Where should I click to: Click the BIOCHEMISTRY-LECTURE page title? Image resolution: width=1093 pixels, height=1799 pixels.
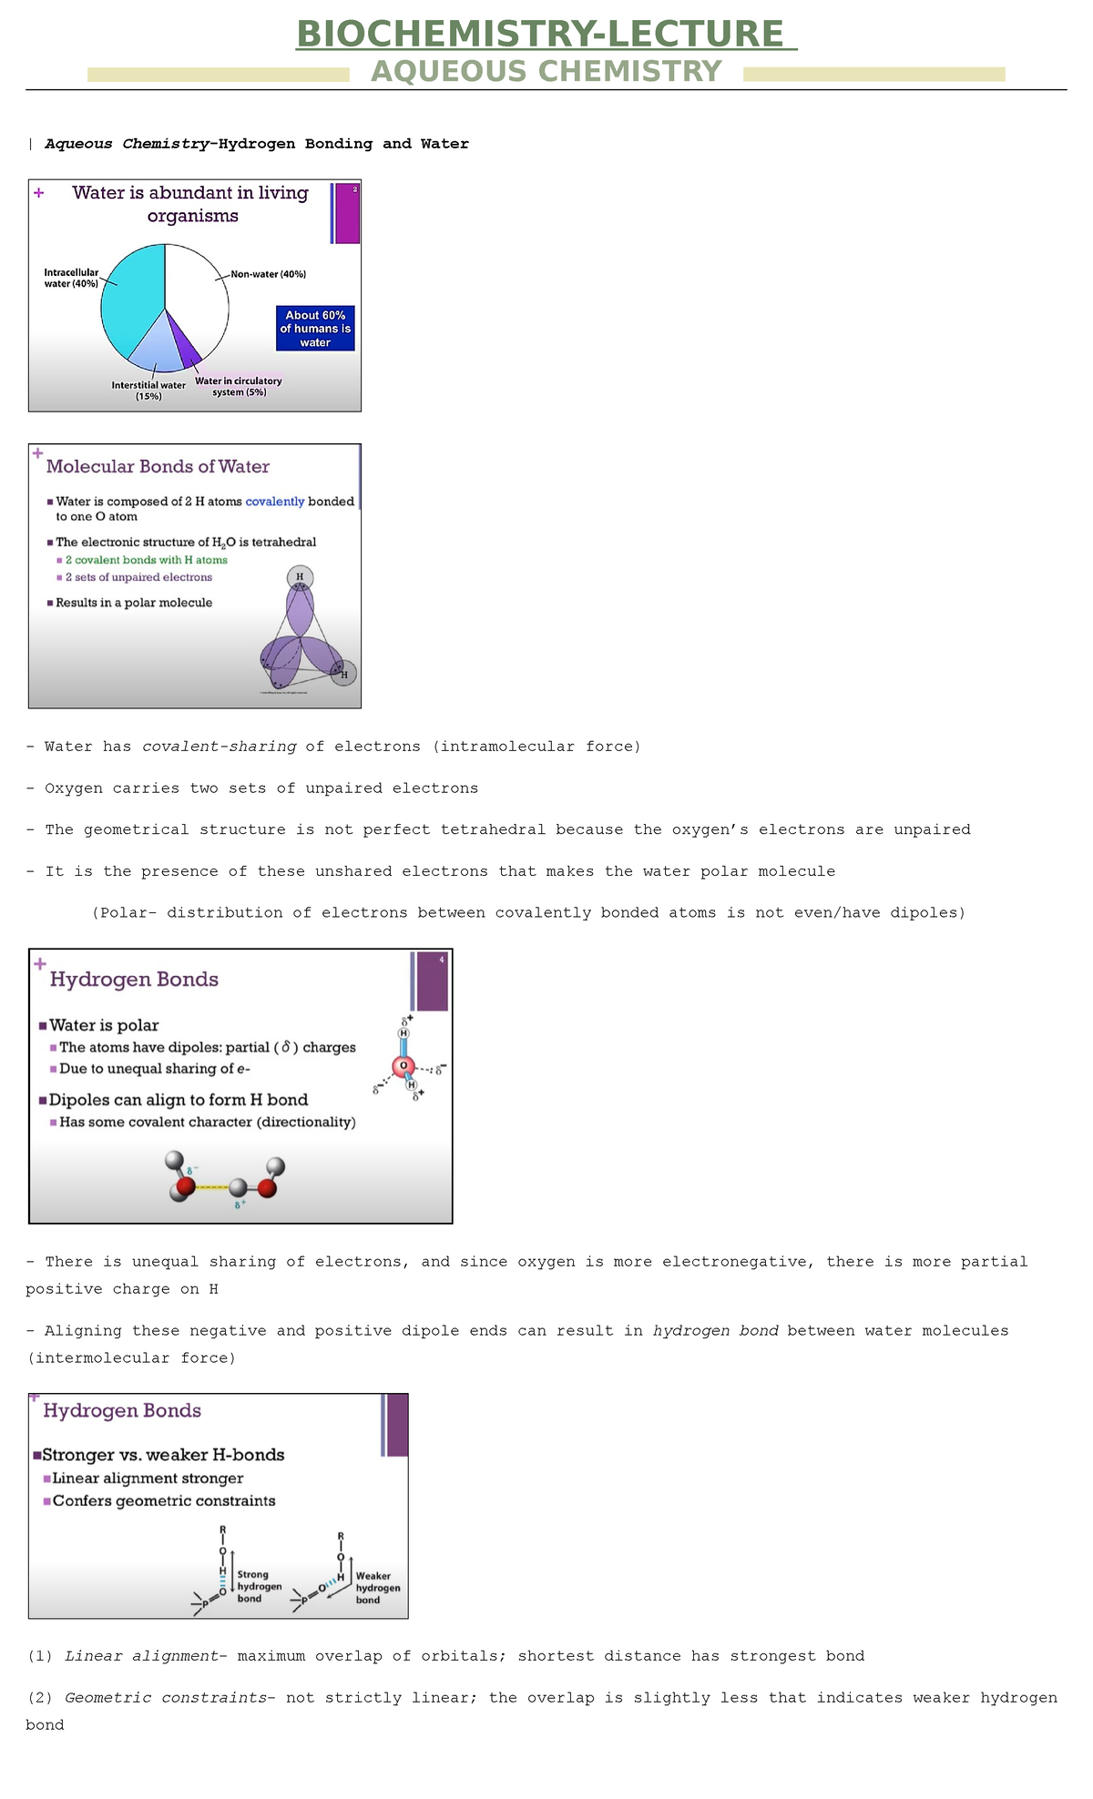(x=546, y=35)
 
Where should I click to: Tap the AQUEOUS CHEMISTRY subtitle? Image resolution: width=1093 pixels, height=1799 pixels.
(x=546, y=71)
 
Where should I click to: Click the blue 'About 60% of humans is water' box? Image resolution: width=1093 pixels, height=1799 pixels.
(x=315, y=329)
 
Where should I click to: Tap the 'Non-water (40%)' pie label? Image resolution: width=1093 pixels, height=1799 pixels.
(x=269, y=274)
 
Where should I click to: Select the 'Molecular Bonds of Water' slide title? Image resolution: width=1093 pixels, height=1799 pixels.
(x=158, y=467)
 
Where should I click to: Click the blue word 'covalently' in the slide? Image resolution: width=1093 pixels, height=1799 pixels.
(x=275, y=502)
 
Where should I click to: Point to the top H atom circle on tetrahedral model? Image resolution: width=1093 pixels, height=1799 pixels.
(x=300, y=577)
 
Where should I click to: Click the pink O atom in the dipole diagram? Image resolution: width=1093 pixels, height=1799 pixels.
(x=403, y=1066)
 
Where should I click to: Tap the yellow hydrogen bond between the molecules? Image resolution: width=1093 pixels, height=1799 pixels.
(x=212, y=1188)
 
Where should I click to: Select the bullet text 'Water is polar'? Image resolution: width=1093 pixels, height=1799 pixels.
(x=104, y=1026)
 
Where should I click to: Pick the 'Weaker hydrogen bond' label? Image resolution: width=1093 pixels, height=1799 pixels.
(x=376, y=1588)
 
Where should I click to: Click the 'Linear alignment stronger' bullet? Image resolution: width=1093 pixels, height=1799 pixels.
(x=148, y=1479)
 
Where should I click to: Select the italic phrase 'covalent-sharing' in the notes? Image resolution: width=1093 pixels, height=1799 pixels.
(x=220, y=747)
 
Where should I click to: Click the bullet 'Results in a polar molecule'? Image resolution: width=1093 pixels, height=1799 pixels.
(x=134, y=603)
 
